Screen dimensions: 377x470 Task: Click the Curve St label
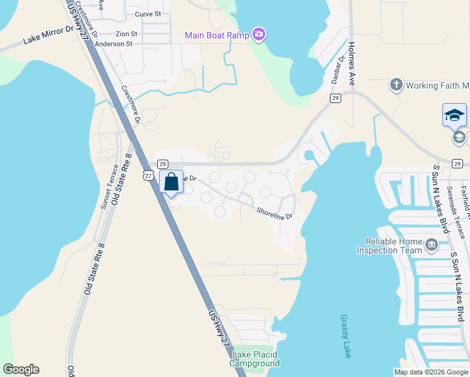coord(148,13)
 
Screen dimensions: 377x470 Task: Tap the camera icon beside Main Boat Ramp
coord(258,34)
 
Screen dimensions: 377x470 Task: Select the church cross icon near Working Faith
coord(396,85)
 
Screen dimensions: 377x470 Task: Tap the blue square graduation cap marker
coord(454,115)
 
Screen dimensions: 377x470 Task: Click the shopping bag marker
coord(171,182)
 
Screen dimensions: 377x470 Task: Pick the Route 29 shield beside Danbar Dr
coord(336,98)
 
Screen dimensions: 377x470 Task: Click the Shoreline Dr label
coord(275,214)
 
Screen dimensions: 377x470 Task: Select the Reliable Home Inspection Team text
coord(390,246)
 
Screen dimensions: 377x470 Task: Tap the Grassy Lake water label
coord(346,336)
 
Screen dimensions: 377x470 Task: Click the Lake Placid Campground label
coord(254,359)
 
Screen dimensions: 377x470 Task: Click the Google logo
coord(21,369)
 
